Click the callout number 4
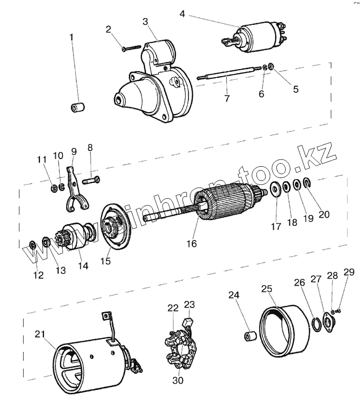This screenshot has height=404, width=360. pyautogui.click(x=182, y=14)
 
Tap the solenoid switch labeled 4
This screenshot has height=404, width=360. pyautogui.click(x=254, y=38)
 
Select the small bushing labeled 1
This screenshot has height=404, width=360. pyautogui.click(x=78, y=107)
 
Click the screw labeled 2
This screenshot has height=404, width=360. pyautogui.click(x=131, y=48)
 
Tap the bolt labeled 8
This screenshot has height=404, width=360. pyautogui.click(x=91, y=180)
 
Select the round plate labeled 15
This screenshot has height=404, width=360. pyautogui.click(x=116, y=227)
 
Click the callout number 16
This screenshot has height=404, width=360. pyautogui.click(x=191, y=243)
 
